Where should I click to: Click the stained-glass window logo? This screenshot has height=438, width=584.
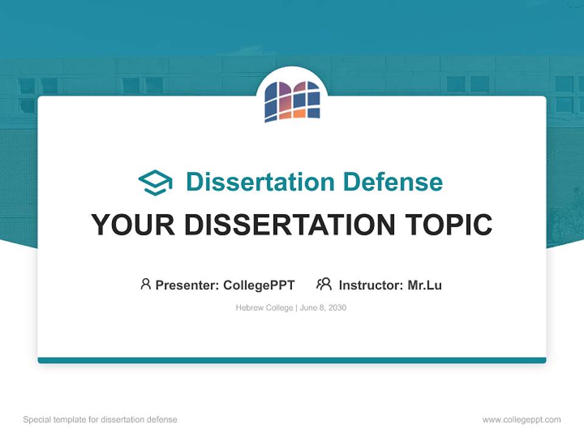coord(292,100)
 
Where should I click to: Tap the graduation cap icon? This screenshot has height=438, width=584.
coord(155,182)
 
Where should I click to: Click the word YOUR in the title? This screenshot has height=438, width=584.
coord(133,225)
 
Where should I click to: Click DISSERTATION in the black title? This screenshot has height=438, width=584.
coord(290,225)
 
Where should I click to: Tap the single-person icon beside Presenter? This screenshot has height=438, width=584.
coord(145,284)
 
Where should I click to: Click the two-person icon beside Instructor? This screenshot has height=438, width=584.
coord(324,284)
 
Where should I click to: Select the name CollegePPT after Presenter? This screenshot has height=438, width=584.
coord(259,285)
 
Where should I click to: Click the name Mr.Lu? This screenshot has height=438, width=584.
coord(425,285)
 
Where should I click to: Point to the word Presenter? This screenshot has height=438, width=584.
coord(187,285)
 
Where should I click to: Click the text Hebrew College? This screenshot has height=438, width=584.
coord(265,308)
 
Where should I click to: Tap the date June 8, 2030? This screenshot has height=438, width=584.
coord(323,308)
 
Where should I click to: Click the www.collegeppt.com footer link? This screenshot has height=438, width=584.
coord(521,420)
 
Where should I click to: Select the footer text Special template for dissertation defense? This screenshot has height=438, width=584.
coord(100,420)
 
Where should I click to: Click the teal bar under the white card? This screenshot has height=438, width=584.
coord(292,360)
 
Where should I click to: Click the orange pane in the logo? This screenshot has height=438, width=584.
coord(299,113)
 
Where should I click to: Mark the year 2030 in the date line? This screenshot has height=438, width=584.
coord(337,308)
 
